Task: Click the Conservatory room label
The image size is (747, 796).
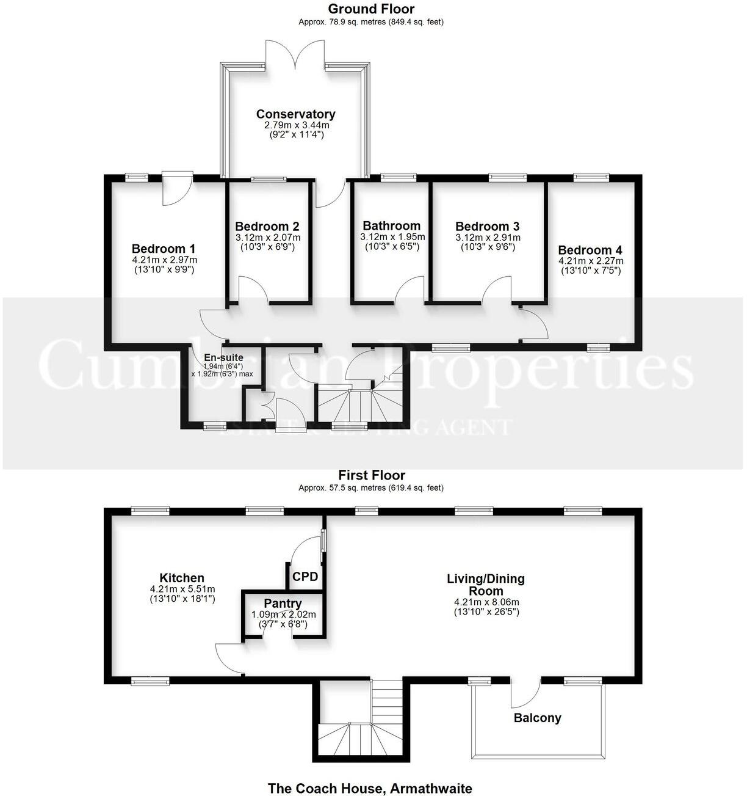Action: (295, 114)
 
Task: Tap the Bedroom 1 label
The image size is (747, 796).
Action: (164, 249)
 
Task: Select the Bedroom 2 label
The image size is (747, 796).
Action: (267, 227)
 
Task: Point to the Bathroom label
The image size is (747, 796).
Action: (391, 227)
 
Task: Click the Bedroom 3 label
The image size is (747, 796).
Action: (488, 227)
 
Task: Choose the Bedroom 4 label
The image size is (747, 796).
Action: (590, 250)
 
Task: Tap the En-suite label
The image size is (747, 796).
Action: (223, 357)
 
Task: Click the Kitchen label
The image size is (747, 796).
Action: (182, 578)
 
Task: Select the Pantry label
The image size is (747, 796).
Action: (283, 604)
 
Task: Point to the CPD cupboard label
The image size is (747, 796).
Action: (305, 576)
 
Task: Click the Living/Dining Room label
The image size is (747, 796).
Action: (486, 585)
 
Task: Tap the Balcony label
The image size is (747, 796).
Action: (537, 718)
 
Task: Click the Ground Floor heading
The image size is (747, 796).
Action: (371, 9)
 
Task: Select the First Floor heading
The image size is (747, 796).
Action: (371, 475)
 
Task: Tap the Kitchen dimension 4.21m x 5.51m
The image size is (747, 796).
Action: (182, 590)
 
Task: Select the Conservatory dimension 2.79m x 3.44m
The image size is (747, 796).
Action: (295, 125)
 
